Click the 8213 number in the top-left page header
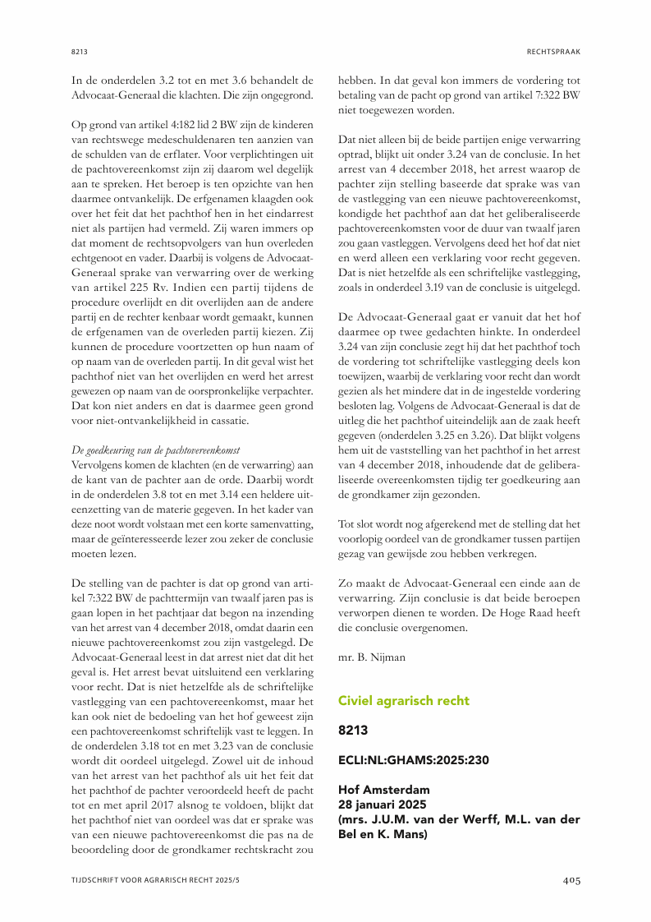tap(79, 52)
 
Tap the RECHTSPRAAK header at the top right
tap(554, 52)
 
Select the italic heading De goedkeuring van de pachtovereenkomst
tap(155, 450)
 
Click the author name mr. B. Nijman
tap(372, 658)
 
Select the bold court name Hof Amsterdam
tap(383, 790)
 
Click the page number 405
tap(571, 880)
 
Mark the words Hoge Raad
tap(526, 612)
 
